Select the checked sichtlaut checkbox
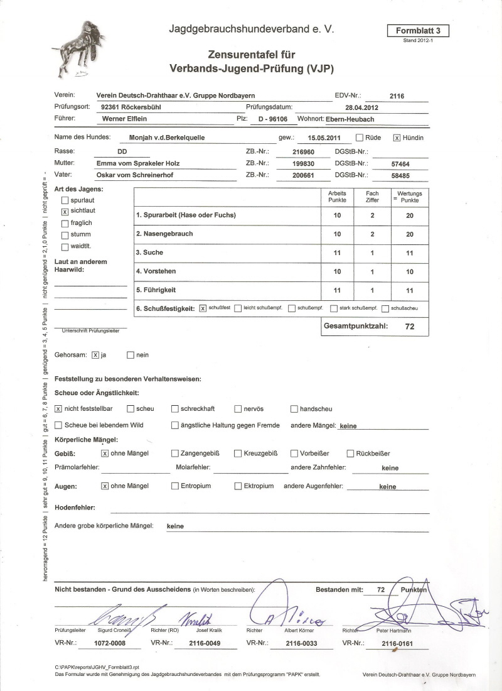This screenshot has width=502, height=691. (x=65, y=212)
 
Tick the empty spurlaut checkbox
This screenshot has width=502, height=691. (x=65, y=200)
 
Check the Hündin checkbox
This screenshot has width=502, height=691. (x=397, y=137)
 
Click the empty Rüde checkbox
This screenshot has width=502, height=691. (x=360, y=137)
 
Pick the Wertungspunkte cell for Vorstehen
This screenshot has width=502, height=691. (x=410, y=271)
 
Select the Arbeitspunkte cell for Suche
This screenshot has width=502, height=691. (x=337, y=253)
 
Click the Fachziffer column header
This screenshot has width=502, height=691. (x=373, y=197)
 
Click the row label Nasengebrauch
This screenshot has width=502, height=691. (x=164, y=234)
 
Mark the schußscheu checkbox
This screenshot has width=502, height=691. (x=386, y=308)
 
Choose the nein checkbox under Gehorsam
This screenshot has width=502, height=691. (x=131, y=355)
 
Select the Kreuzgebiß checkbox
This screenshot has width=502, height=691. (x=238, y=453)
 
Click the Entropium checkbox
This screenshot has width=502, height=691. (x=175, y=486)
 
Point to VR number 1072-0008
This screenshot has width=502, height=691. (x=110, y=643)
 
